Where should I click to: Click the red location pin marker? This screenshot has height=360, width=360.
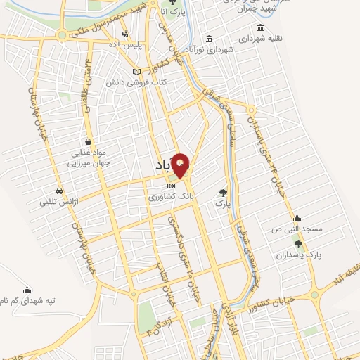click(x=181, y=165)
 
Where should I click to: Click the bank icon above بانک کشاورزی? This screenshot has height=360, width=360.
click(x=171, y=185)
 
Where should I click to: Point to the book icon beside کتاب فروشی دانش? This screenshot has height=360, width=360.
click(x=136, y=72)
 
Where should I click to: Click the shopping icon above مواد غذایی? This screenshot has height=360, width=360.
click(x=88, y=140)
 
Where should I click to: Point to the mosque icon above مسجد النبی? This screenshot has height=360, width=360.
click(x=298, y=218)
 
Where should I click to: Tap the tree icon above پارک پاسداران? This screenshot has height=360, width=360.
click(x=299, y=245)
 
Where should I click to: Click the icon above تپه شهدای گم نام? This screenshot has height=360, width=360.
click(x=27, y=289)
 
